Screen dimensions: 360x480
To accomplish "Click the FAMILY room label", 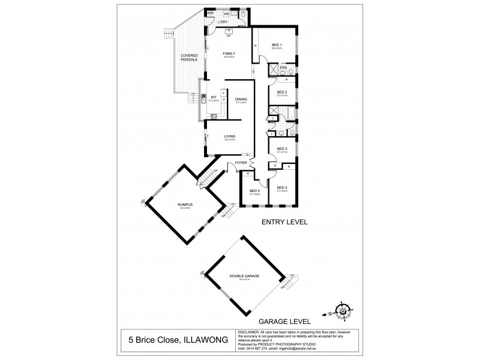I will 229,53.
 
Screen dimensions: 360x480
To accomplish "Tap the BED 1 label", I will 276,45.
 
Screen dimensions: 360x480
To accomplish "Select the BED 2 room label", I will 282,91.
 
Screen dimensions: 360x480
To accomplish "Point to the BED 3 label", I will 282,149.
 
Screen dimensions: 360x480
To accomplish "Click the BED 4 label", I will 282,187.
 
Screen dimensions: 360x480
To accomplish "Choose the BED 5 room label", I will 254,191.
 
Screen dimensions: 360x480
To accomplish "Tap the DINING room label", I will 241,100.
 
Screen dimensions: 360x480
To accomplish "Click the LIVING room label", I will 229,136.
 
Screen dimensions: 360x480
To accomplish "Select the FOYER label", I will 241,162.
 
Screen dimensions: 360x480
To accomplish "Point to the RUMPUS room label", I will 184,205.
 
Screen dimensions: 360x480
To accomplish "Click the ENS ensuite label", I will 283,67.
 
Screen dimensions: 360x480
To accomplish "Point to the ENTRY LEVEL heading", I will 284,222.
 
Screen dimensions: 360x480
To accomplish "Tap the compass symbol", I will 343,310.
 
